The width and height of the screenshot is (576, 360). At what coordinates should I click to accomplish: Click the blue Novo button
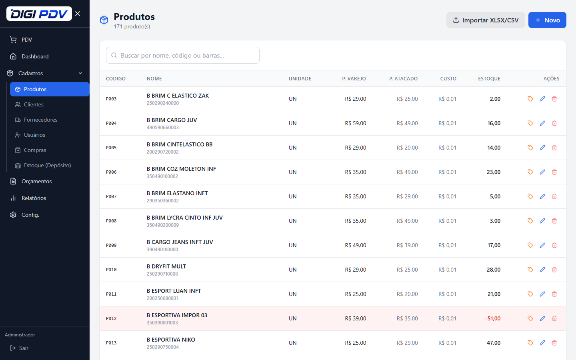(x=547, y=20)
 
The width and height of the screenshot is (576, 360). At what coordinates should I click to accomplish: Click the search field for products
(x=182, y=55)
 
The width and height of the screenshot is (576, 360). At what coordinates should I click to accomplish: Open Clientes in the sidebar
(x=34, y=104)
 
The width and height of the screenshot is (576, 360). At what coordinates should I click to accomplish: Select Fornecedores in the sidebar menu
(x=40, y=120)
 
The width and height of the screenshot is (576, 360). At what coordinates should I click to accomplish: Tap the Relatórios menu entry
(x=34, y=198)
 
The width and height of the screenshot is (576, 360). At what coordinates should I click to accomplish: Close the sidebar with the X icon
(x=78, y=14)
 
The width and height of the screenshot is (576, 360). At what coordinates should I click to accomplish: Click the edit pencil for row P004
(x=542, y=123)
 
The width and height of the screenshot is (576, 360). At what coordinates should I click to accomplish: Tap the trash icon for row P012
(x=554, y=318)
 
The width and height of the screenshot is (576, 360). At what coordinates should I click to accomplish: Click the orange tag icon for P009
(x=530, y=245)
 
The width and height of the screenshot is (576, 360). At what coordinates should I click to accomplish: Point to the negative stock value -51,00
(x=493, y=318)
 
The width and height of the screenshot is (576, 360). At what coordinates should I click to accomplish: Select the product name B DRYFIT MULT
(x=166, y=266)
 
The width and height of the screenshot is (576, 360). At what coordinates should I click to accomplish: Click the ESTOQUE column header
(x=489, y=79)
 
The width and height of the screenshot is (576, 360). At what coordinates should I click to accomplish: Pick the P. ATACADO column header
(x=403, y=79)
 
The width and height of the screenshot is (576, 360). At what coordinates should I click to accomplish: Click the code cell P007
(x=111, y=196)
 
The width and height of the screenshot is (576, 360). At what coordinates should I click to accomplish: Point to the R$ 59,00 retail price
(x=355, y=123)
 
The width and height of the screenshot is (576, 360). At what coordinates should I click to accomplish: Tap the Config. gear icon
(x=13, y=215)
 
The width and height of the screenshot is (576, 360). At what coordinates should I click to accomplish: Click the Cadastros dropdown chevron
(x=80, y=73)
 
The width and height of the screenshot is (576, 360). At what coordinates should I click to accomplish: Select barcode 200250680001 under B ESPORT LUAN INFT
(x=162, y=298)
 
